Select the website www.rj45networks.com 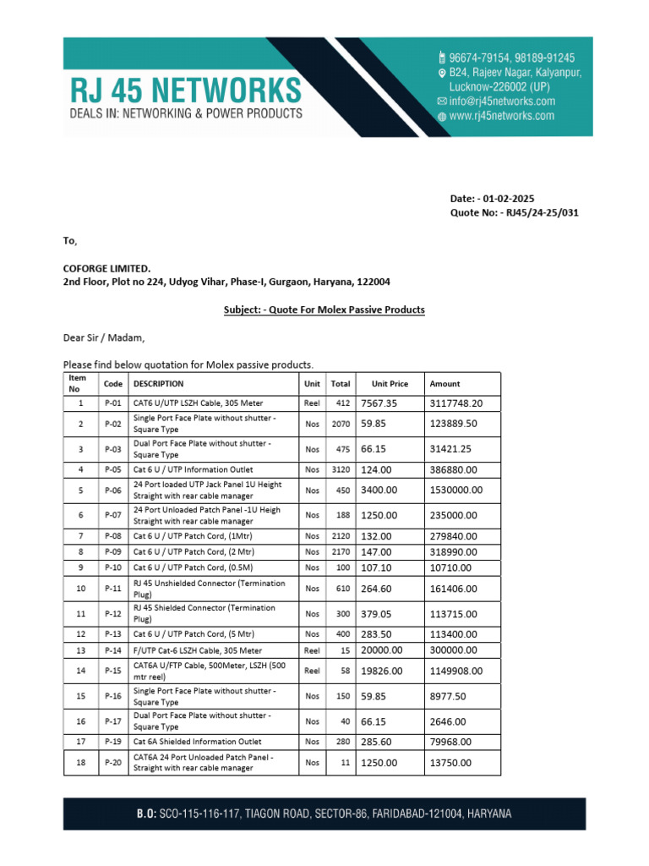coord(501,116)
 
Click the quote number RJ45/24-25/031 coord(541,212)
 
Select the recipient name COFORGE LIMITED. coord(107,268)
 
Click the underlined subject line coord(324,310)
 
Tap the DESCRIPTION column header coord(158,384)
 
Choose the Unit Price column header coord(390,384)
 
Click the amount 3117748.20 coord(456,403)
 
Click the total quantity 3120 coord(340,469)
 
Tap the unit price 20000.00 coord(382,650)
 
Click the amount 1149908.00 coord(456,671)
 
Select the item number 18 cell coord(81,763)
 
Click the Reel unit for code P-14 coord(312,651)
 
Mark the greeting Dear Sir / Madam coord(104,338)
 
